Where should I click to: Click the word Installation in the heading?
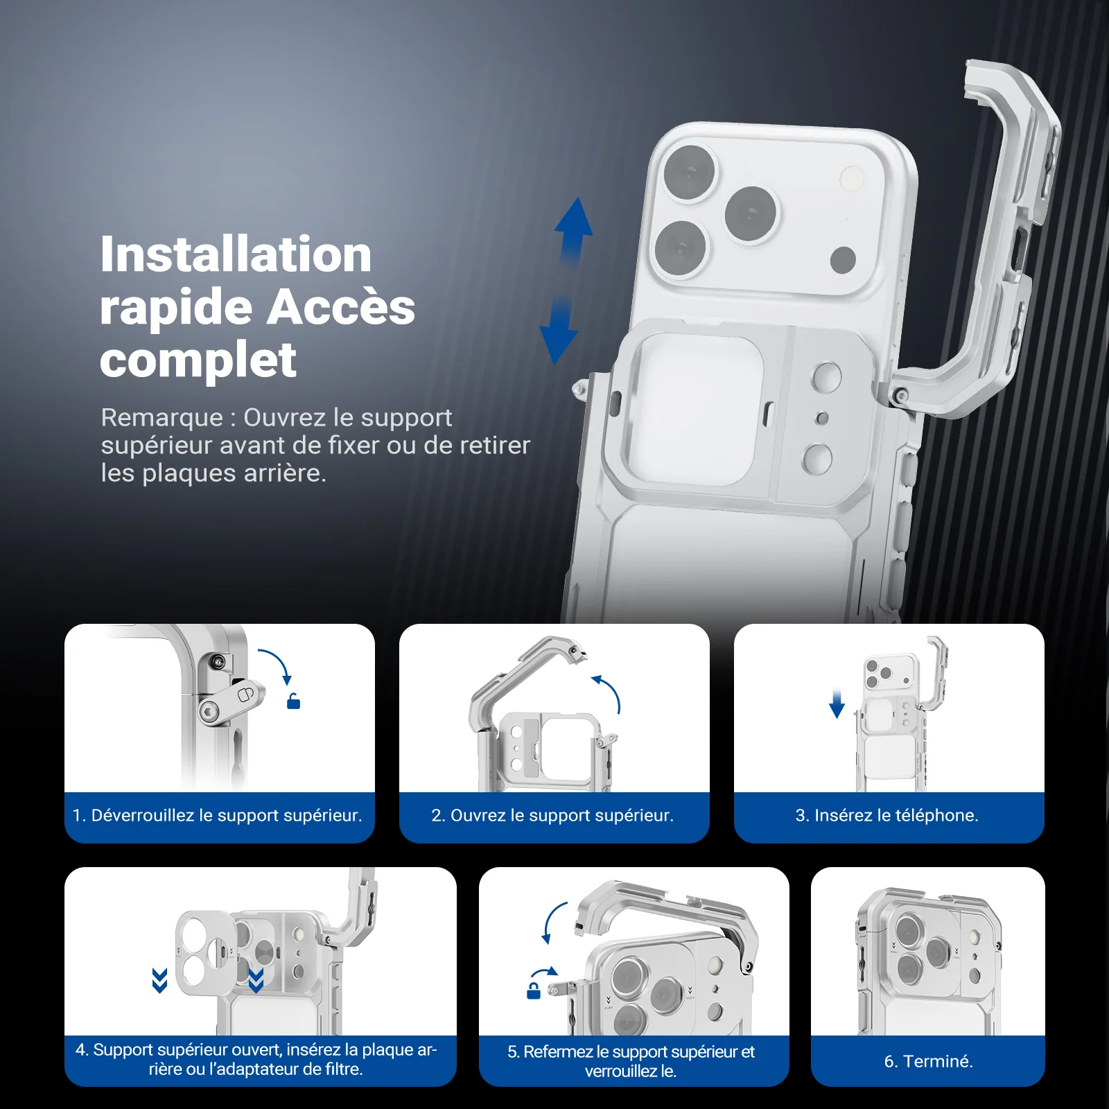(236, 254)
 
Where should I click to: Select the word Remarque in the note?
(162, 417)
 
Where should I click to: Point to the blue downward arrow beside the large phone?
(558, 331)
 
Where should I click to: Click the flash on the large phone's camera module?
(851, 179)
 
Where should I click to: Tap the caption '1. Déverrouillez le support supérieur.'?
(218, 815)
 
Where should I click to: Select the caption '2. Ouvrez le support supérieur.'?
(552, 815)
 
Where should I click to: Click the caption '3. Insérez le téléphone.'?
(887, 815)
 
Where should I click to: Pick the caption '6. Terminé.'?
(929, 1061)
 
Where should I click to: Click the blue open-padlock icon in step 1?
(294, 701)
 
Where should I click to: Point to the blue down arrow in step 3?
(837, 704)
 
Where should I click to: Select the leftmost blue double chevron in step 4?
(160, 981)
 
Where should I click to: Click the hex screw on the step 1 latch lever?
(209, 711)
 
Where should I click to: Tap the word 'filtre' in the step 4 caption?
(342, 1069)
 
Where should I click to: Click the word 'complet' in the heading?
(198, 360)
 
